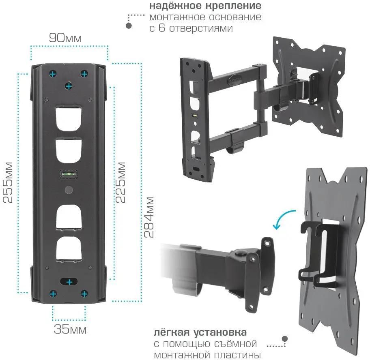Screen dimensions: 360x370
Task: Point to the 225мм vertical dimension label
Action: coord(120,182)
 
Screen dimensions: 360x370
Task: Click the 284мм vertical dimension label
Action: coord(150,217)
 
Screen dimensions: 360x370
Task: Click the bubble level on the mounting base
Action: coord(69,175)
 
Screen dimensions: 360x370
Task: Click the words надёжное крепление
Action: coord(205,6)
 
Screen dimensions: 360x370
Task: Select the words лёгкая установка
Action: coord(200,333)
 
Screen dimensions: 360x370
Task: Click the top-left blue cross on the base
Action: coord(52,74)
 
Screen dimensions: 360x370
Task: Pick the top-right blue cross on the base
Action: coord(84,74)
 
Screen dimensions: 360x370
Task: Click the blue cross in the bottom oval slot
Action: coord(69,282)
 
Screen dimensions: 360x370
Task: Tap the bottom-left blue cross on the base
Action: coord(53,293)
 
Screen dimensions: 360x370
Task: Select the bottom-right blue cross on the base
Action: coord(84,293)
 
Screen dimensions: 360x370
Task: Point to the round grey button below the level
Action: coord(69,190)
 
